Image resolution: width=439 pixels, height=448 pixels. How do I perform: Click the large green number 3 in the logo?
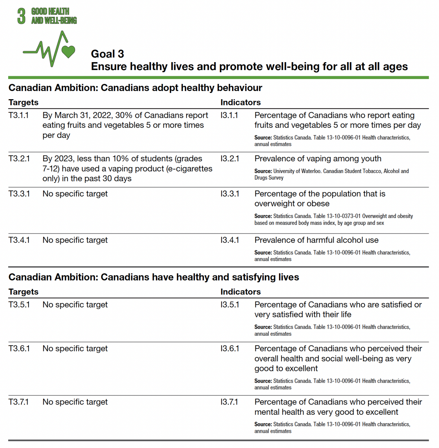(21, 16)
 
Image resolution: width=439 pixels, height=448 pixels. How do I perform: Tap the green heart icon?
(68, 52)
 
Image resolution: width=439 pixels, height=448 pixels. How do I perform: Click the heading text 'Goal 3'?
(107, 54)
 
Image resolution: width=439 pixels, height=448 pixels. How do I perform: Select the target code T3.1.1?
(18, 115)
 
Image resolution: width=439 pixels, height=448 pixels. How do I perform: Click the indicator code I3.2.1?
(229, 159)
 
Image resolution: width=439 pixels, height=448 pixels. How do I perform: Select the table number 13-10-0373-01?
(343, 216)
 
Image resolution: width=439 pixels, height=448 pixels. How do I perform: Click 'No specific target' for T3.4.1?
(75, 240)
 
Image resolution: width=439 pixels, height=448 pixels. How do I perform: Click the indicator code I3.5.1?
(229, 305)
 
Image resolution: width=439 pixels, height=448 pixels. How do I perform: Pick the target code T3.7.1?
(18, 402)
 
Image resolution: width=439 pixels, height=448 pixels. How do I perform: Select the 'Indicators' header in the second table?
(240, 292)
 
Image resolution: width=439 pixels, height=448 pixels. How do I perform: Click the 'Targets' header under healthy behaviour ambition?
(23, 102)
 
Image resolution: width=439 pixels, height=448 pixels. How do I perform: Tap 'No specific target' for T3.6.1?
(75, 349)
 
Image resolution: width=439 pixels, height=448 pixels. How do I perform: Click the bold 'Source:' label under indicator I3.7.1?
(263, 424)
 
